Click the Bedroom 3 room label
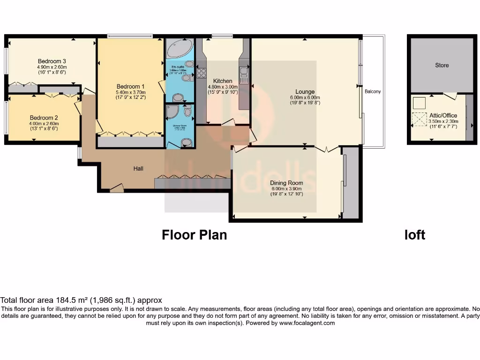click(52, 61)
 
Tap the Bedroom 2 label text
click(44, 118)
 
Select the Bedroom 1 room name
click(130, 87)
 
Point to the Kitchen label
click(223, 81)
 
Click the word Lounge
click(305, 91)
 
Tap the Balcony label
click(373, 91)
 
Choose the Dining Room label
click(286, 183)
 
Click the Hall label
click(138, 169)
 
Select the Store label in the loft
click(442, 65)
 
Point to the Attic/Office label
click(443, 115)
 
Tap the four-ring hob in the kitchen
click(202, 73)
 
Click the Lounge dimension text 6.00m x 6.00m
click(305, 97)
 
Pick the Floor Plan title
click(194, 234)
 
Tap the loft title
click(415, 234)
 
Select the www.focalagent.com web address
click(307, 323)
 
